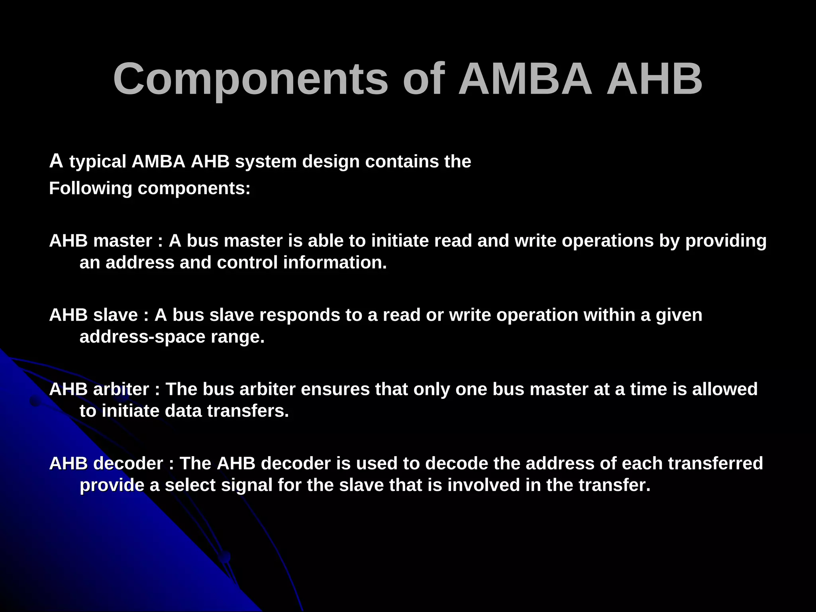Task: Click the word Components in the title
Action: (x=250, y=80)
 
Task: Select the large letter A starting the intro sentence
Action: (x=56, y=161)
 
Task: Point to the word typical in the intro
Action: (x=98, y=162)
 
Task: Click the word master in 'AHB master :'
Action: (x=122, y=241)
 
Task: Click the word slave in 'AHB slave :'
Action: (x=115, y=315)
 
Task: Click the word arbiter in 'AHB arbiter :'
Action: (x=121, y=389)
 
